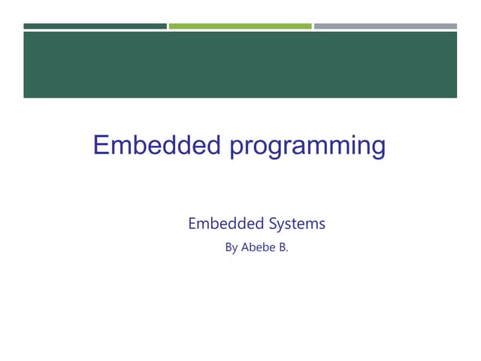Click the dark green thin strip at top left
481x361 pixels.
(x=95, y=26)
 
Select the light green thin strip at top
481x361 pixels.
(x=240, y=26)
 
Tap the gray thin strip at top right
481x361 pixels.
(x=385, y=26)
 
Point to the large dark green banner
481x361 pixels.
(x=240, y=65)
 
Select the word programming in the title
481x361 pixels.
(x=307, y=145)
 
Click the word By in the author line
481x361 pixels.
(x=231, y=247)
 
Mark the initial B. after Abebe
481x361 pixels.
(x=283, y=247)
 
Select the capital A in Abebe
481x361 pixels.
(x=245, y=247)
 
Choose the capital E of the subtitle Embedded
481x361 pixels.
(x=192, y=223)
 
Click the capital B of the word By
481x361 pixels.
(x=228, y=247)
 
